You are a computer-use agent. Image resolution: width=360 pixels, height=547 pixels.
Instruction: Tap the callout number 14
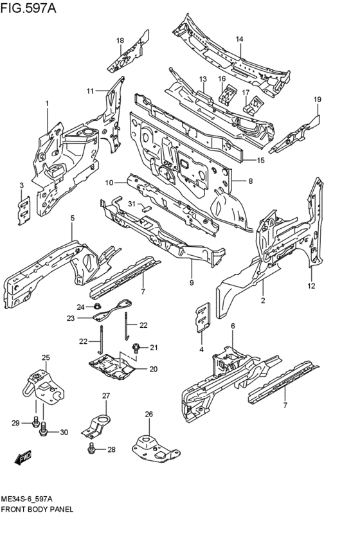point(239,39)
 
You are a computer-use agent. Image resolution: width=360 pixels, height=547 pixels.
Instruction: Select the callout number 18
point(120,41)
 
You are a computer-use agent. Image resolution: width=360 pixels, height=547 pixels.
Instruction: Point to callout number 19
point(317,99)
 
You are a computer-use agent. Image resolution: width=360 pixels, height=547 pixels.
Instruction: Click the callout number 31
point(130,204)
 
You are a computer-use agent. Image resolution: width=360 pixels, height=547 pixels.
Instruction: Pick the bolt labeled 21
point(137,348)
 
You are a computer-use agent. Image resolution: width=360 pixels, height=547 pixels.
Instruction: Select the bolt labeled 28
point(93,448)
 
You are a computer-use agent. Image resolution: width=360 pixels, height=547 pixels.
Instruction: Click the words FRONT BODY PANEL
point(37,508)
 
